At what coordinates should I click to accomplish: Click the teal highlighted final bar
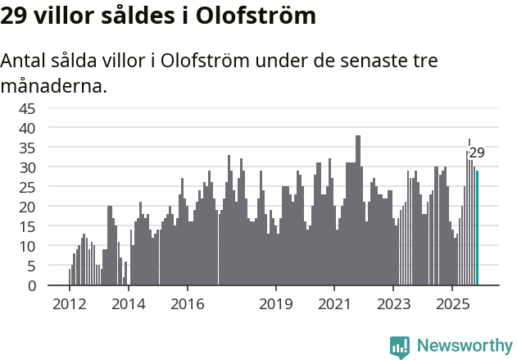pos(477,228)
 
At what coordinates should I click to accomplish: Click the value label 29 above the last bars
pos(477,153)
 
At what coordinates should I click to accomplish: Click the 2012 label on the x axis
pos(69,303)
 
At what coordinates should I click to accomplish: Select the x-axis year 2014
pos(128,303)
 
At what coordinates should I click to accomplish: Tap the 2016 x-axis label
pos(188,303)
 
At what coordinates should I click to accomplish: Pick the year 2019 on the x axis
pos(276,303)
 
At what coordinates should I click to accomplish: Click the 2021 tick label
pos(335,303)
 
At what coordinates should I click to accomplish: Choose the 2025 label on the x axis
pos(453,303)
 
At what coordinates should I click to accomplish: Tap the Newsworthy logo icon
pos(400,346)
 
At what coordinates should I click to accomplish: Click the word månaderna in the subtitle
pos(54,85)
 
